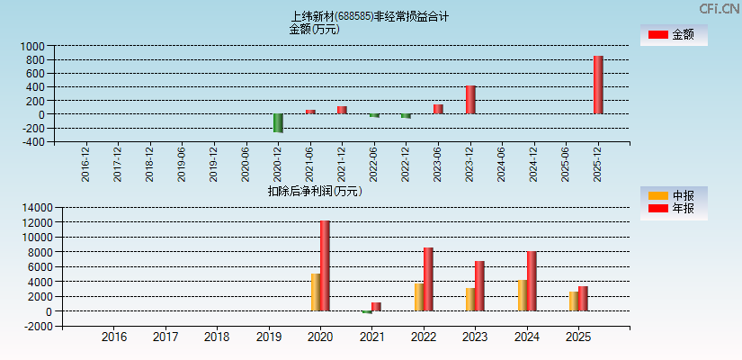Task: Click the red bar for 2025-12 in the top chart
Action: pos(598,85)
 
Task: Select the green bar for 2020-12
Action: pos(279,123)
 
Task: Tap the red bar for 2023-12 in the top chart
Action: pos(470,100)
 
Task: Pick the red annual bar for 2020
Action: pos(325,265)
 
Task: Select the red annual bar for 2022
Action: pos(428,279)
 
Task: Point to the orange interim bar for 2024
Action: pos(523,295)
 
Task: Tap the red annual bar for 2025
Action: pos(583,299)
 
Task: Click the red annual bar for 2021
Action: pos(376,307)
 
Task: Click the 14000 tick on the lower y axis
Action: pos(35,207)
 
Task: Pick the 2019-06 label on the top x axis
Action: pos(182,164)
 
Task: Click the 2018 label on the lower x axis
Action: pos(217,337)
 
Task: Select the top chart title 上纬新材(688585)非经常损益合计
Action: pos(370,16)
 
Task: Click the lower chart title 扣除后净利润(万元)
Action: pos(314,191)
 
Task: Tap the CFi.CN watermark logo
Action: pos(720,9)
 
